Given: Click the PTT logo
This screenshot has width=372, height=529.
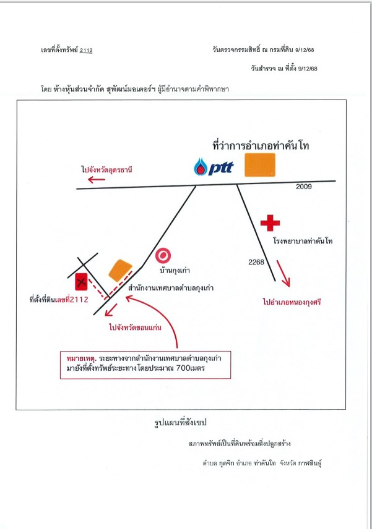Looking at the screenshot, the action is point(214,167).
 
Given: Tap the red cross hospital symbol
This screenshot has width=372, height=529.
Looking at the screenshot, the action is point(270,222).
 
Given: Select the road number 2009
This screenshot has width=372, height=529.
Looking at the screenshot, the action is point(304,187).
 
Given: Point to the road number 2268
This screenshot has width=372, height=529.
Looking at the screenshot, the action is point(256,262).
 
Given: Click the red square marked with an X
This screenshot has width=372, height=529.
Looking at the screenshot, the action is point(81,282).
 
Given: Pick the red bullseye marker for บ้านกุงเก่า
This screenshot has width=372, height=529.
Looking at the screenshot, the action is point(163,256).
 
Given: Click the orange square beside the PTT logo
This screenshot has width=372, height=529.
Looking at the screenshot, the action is point(260,165).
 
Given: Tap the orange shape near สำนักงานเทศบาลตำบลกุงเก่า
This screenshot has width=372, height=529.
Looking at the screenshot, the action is point(120,270).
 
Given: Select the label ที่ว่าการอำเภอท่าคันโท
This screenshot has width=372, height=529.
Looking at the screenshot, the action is point(261,146).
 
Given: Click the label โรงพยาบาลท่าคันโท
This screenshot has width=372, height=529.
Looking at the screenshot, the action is point(303,241).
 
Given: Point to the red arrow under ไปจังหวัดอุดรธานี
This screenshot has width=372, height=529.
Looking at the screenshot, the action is point(97,179).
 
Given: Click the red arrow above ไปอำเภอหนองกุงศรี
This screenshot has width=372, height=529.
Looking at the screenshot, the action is point(283,273).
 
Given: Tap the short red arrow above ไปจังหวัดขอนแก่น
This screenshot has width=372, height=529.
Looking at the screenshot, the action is point(111,310).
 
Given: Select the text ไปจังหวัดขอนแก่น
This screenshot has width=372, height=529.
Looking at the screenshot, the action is point(135,327).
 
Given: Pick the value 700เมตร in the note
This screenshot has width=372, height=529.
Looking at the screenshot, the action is point(191,368).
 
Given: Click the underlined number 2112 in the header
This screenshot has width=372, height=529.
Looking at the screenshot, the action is point(86,50).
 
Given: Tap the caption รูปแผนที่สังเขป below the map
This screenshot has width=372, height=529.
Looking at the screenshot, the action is point(180,422).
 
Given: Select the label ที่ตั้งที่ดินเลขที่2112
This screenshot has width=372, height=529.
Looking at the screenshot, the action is point(59,299).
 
